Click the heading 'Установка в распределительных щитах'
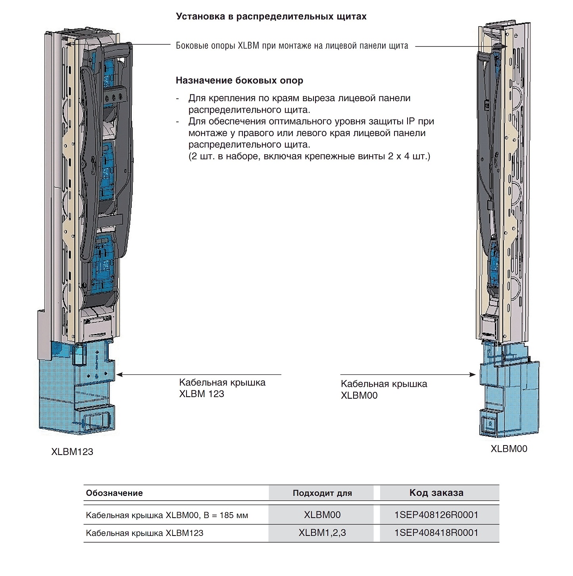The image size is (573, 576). pos(271,17)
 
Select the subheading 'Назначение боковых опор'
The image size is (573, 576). pos(239,81)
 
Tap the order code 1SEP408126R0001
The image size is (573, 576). pos(436,515)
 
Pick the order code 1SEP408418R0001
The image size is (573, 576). pos(436,533)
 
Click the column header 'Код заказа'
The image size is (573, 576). pos(436,493)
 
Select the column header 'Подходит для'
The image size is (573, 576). pos(322,493)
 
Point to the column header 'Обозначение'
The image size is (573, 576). pos(114,493)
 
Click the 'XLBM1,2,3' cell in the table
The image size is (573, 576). pos(322,533)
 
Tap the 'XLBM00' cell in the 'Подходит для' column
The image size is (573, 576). pos(322,515)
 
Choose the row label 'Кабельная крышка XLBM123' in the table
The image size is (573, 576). pos(144,533)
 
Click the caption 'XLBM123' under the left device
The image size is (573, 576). pos(72,452)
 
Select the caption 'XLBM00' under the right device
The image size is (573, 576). pos(509,449)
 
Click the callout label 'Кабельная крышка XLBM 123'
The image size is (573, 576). pos(222,388)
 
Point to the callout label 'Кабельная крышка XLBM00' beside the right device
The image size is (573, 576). pos(384,390)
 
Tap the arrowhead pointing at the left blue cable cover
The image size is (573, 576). pos(119,374)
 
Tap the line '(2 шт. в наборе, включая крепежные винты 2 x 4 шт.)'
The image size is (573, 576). pos(309,156)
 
